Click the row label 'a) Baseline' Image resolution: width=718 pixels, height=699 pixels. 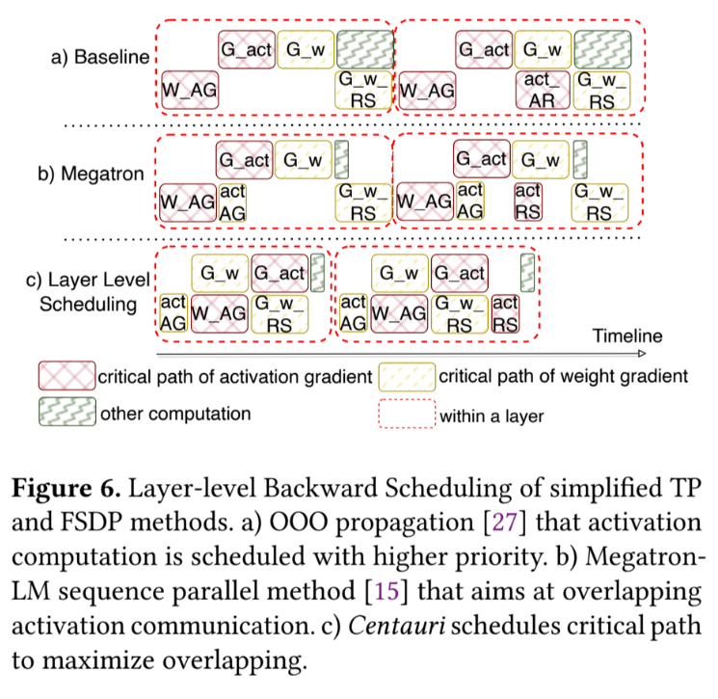(100, 57)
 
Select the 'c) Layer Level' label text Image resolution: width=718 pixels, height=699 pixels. (88, 281)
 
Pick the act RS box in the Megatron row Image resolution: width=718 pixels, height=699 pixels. (528, 202)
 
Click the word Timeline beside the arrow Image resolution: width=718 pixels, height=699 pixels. (627, 336)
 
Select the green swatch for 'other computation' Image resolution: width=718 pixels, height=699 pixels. (66, 414)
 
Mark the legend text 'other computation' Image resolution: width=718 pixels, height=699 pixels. (175, 415)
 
